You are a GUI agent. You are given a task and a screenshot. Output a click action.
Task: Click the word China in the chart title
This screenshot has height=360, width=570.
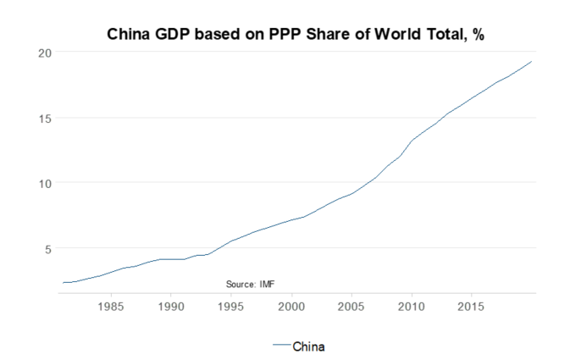coord(130,36)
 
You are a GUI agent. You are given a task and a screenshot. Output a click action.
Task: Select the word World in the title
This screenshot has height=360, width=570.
coord(374,36)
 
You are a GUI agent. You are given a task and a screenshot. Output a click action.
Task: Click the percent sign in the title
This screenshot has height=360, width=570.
coord(477,36)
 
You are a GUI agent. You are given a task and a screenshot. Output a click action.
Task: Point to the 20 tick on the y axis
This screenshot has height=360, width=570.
coord(45,53)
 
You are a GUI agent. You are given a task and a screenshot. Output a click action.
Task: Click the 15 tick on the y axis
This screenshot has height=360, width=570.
coord(45,118)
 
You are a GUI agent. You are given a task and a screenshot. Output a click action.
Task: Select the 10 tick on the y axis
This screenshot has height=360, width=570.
coord(45,183)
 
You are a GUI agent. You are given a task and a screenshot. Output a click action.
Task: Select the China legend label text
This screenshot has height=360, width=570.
coord(309,346)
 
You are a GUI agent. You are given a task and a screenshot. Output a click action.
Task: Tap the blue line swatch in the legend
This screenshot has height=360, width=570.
coord(281,346)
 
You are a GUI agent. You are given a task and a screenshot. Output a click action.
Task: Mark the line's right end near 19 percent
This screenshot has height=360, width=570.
coord(531,62)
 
